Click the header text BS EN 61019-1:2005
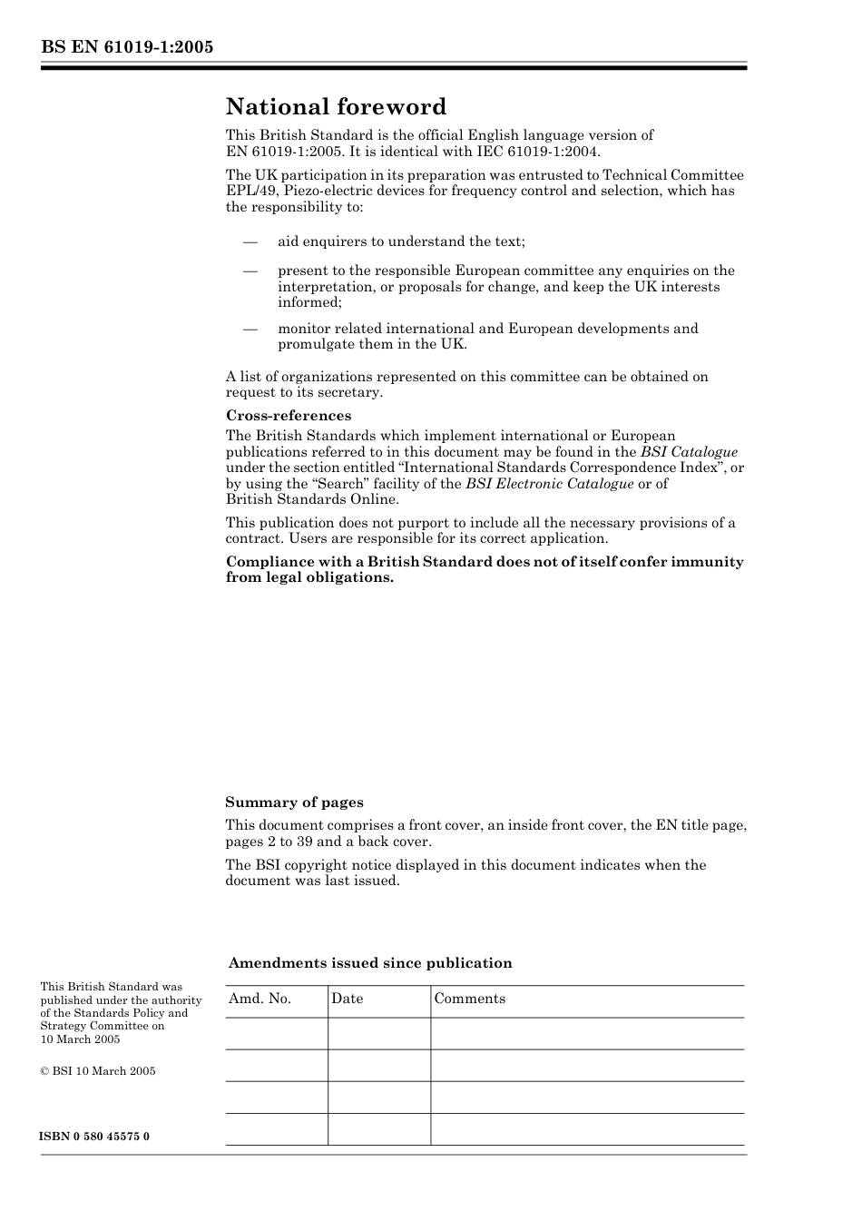point(127,47)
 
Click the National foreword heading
point(336,107)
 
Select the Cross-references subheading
point(289,416)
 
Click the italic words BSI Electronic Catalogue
point(549,484)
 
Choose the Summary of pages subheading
point(294,803)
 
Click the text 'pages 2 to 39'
point(271,842)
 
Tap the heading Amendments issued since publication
point(370,963)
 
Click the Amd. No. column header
point(260,999)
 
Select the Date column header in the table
point(347,999)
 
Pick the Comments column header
point(469,999)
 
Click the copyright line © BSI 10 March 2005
point(98,1071)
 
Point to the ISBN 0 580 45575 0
point(94,1137)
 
